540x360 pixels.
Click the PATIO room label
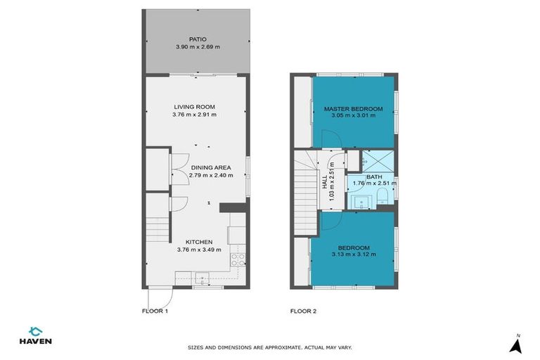pyautogui.click(x=197, y=39)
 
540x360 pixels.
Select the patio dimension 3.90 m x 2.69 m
pyautogui.click(x=197, y=47)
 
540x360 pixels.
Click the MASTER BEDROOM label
pyautogui.click(x=353, y=108)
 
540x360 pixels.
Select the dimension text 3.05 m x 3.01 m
pyautogui.click(x=353, y=116)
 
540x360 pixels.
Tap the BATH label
pyautogui.click(x=373, y=177)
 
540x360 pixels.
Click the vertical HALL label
pyautogui.click(x=326, y=182)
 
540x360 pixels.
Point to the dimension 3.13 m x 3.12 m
pyautogui.click(x=353, y=255)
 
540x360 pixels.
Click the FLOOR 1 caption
pyautogui.click(x=155, y=310)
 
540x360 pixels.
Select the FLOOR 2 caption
pyautogui.click(x=303, y=310)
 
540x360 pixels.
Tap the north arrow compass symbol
pyautogui.click(x=515, y=344)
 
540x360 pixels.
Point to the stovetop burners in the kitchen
pyautogui.click(x=238, y=261)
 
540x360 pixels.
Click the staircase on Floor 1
pyautogui.click(x=157, y=230)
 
